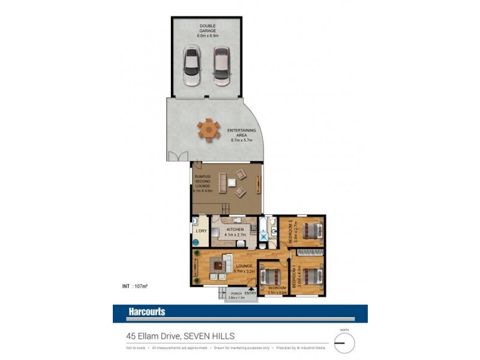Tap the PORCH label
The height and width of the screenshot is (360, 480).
click(x=236, y=294)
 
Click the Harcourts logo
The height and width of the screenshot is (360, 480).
click(x=146, y=312)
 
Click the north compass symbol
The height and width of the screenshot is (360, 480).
click(x=344, y=343)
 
